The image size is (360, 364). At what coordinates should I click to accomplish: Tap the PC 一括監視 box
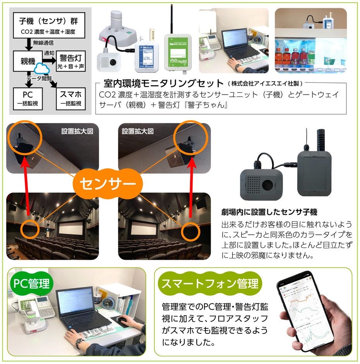coord(27,98)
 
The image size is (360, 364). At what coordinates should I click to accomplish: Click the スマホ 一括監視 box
coord(70,98)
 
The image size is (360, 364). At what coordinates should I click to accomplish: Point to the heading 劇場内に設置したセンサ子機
coord(269,212)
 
